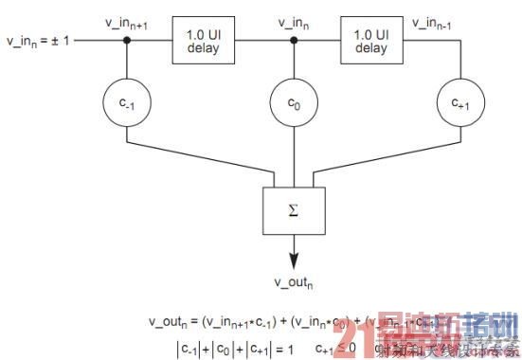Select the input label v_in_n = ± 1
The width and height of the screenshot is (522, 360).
coord(37,42)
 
